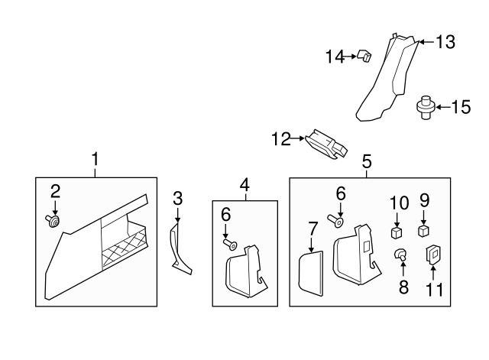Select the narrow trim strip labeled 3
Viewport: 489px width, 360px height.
click(180, 245)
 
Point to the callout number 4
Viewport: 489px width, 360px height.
click(244, 184)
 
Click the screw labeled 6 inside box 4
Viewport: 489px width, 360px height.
click(228, 245)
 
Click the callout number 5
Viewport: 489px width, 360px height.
click(367, 161)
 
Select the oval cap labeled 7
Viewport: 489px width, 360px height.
click(309, 272)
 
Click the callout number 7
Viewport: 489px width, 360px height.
click(312, 229)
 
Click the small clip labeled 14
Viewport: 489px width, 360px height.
click(364, 56)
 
